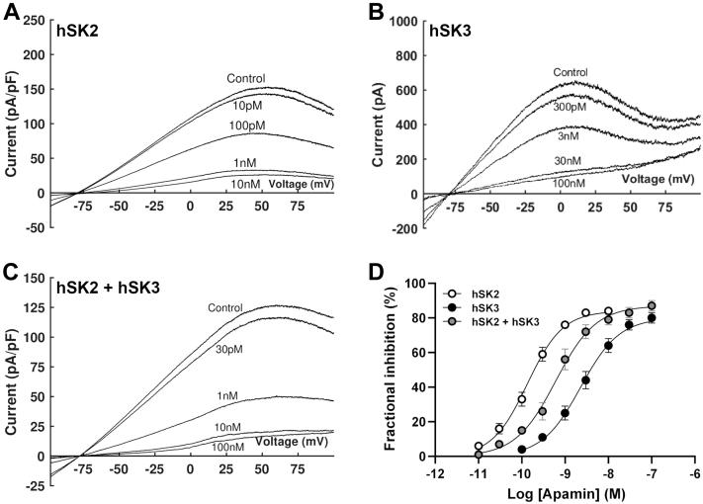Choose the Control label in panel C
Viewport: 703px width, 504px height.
point(225,309)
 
